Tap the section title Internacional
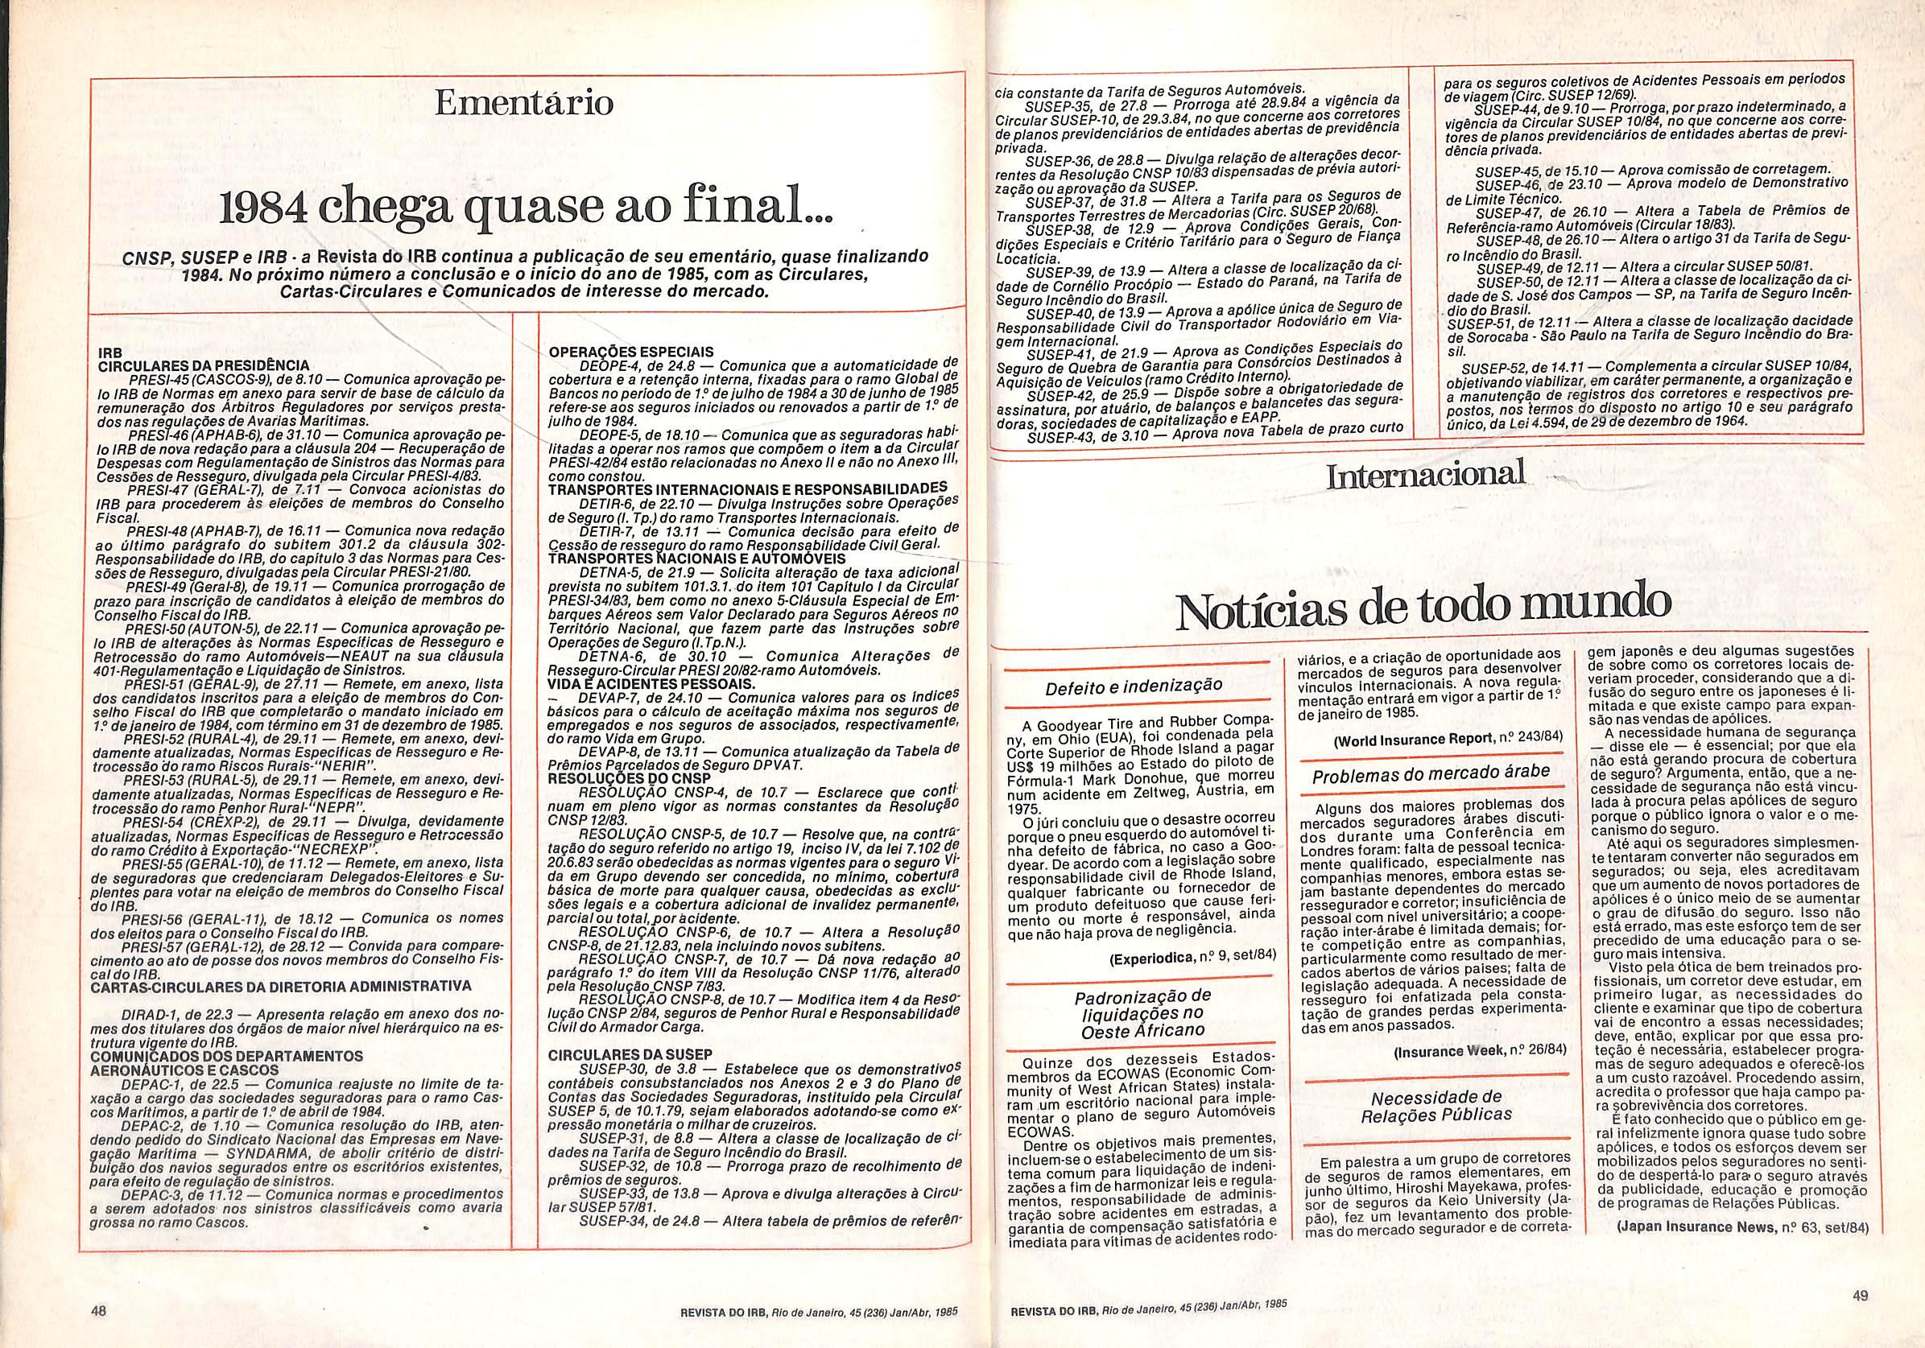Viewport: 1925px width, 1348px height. click(x=1425, y=476)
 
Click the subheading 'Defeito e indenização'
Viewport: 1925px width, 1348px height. click(x=1133, y=686)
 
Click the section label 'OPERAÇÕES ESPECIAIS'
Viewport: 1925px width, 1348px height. click(x=630, y=352)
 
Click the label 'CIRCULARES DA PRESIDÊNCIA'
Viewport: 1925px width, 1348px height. click(x=204, y=365)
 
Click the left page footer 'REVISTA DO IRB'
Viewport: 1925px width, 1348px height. click(x=717, y=1312)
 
